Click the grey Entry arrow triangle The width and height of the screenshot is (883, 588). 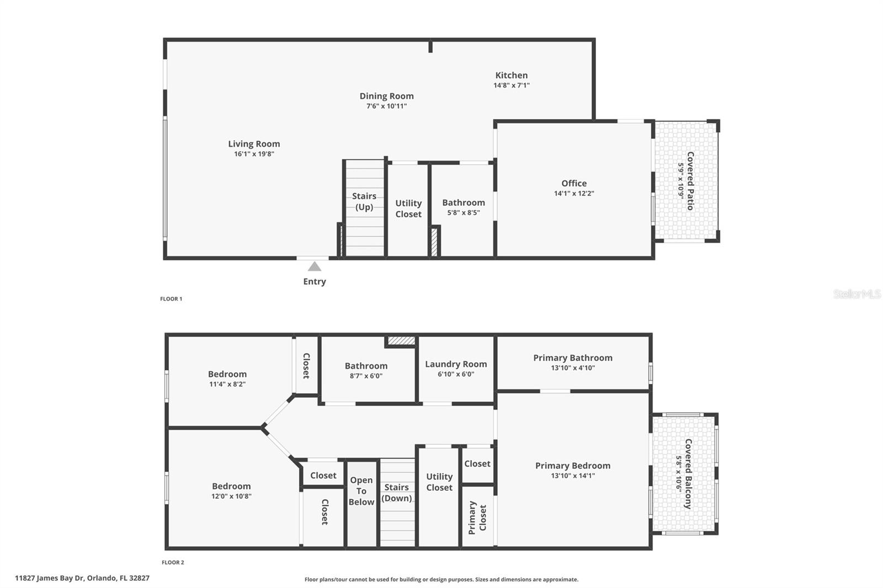[x=315, y=267]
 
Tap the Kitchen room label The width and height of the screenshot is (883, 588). [x=511, y=75]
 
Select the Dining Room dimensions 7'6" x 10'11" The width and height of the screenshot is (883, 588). [x=386, y=106]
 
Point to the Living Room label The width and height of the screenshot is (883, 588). [x=254, y=144]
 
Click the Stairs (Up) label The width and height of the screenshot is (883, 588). [x=364, y=201]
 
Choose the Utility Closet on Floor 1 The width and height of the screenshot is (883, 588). [x=408, y=209]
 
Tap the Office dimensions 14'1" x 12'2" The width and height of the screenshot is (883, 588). [x=574, y=194]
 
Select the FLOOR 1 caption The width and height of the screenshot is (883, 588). [x=171, y=299]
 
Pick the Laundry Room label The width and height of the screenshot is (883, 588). [x=456, y=364]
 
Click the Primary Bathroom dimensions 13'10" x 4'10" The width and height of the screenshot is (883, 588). [x=573, y=368]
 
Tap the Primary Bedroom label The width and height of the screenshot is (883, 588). [x=573, y=466]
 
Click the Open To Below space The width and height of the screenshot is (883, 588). [x=361, y=491]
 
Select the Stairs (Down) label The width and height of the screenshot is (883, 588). [x=397, y=493]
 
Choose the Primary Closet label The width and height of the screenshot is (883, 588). [x=477, y=517]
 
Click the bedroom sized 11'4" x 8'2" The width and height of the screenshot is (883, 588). [x=227, y=378]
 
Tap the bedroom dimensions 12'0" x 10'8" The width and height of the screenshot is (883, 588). [x=231, y=496]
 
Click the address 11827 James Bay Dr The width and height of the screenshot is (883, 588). [x=82, y=578]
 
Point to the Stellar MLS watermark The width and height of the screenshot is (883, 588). [x=857, y=294]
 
